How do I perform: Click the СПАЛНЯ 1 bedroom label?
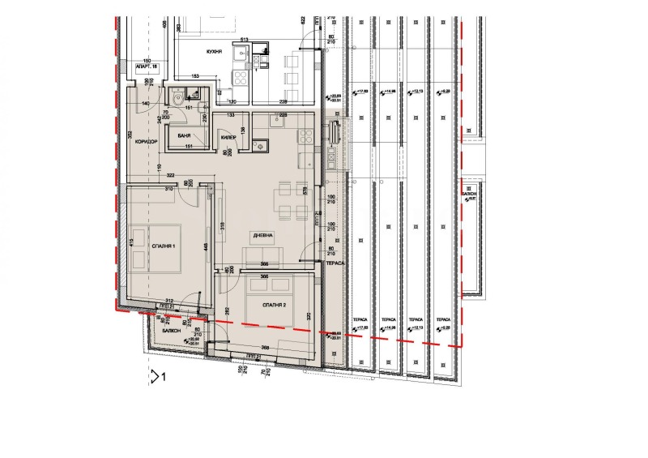[x=162, y=244]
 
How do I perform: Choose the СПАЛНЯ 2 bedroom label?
[x=276, y=305]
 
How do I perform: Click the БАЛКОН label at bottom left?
[x=171, y=332]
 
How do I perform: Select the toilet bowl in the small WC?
[x=177, y=98]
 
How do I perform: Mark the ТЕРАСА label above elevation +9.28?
[x=442, y=319]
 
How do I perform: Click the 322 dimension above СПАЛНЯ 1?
[x=171, y=175]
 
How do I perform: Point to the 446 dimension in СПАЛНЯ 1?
[x=207, y=246]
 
